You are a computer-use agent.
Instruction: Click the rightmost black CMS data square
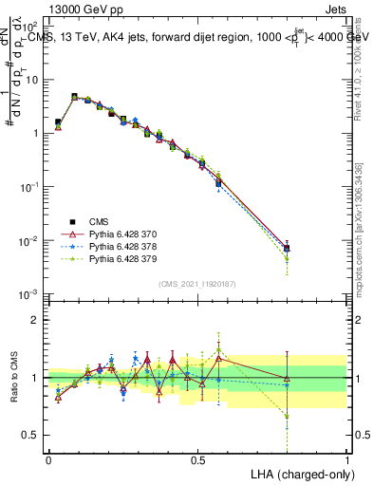[287, 248]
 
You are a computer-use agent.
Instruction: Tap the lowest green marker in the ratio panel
[287, 416]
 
